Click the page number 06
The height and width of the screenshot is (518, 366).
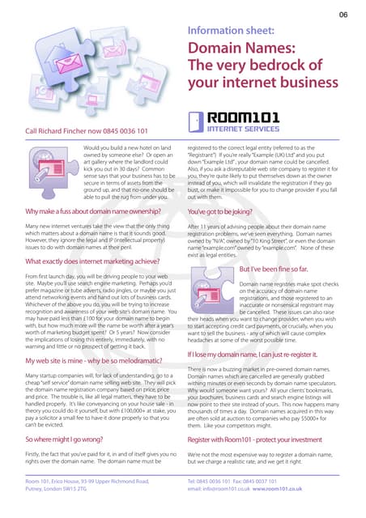click(343, 15)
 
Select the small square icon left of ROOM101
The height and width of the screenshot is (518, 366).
click(199, 121)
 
